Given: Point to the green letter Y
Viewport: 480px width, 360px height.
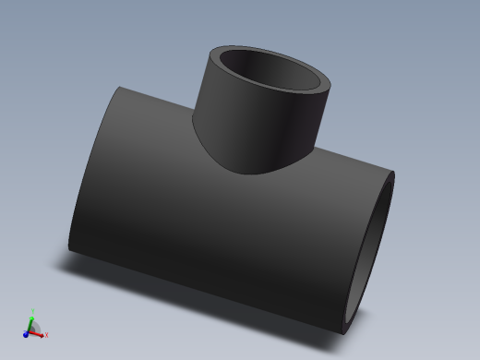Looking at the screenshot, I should (32, 310).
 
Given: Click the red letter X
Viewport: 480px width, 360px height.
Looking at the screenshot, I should (46, 334).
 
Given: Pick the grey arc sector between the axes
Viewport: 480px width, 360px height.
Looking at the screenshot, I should (35, 327).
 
